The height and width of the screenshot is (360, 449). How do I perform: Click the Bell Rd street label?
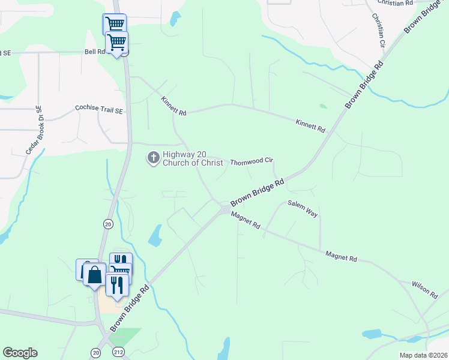pyautogui.click(x=95, y=52)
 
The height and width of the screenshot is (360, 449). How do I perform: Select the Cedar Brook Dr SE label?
pyautogui.click(x=34, y=131)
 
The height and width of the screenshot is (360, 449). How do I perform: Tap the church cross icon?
pyautogui.click(x=153, y=158)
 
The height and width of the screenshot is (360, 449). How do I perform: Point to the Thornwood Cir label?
pyautogui.click(x=252, y=161)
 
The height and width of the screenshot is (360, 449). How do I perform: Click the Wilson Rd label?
pyautogui.click(x=424, y=290)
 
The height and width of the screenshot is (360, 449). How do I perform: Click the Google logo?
pyautogui.click(x=20, y=353)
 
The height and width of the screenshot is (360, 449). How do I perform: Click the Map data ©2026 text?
pyautogui.click(x=423, y=355)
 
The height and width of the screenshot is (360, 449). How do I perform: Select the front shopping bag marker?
pyautogui.click(x=95, y=275)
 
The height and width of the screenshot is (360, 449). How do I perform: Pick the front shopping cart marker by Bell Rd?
pyautogui.click(x=116, y=42)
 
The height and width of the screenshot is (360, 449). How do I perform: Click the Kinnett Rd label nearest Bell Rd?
pyautogui.click(x=174, y=105)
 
